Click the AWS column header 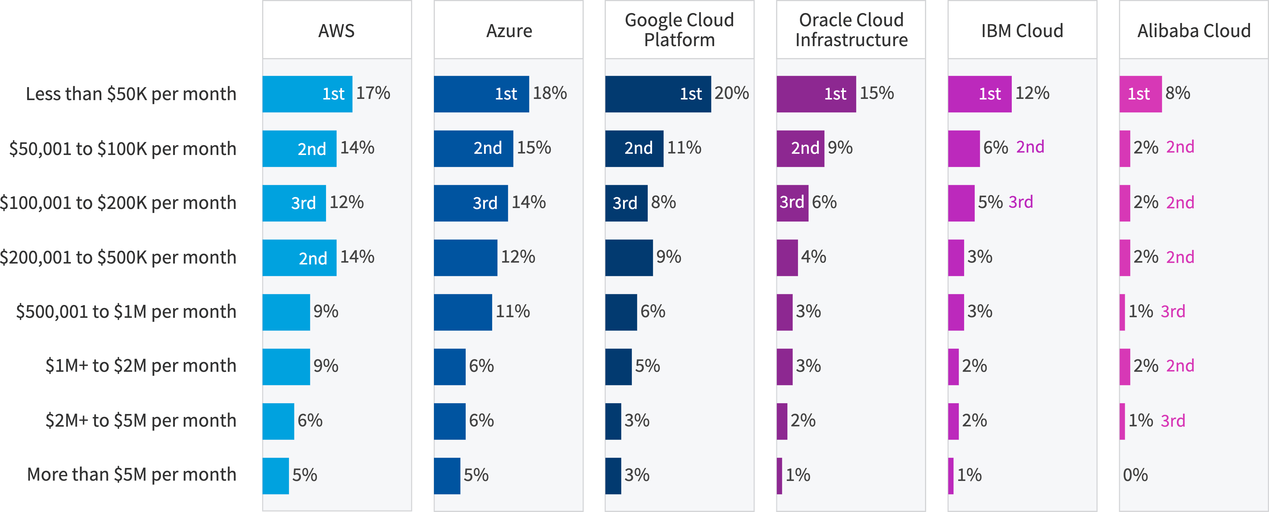pyautogui.click(x=337, y=30)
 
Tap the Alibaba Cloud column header pyautogui.click(x=1194, y=30)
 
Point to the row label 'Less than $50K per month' pyautogui.click(x=131, y=94)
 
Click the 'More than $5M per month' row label pyautogui.click(x=131, y=475)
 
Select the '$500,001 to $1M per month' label pyautogui.click(x=126, y=311)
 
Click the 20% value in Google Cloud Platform pyautogui.click(x=732, y=93)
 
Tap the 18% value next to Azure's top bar pyautogui.click(x=550, y=93)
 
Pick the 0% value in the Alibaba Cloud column pyautogui.click(x=1135, y=475)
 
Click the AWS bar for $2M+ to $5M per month pyautogui.click(x=278, y=421)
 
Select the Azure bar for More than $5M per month pyautogui.click(x=447, y=476)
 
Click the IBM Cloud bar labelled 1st pyautogui.click(x=979, y=94)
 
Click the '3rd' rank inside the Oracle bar pyautogui.click(x=792, y=203)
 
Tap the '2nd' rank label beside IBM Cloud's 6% pyautogui.click(x=1030, y=147)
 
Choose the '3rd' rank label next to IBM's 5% pyautogui.click(x=1021, y=202)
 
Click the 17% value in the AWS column pyautogui.click(x=373, y=93)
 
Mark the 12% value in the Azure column pyautogui.click(x=518, y=257)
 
